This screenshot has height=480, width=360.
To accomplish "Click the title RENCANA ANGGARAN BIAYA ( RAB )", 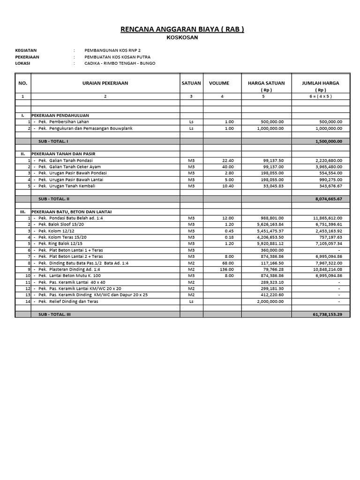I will pos(182,30).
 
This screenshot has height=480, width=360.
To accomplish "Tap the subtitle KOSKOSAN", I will pos(182,38).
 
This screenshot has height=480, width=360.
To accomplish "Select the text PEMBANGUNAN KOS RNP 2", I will pos(112,50).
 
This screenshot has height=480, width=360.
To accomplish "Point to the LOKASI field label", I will pos(23,63).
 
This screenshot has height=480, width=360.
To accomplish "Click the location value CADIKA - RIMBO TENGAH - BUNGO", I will pos(120,63).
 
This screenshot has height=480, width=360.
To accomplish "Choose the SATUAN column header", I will pos(191,83).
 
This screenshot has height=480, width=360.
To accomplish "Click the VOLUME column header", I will pos(219,83).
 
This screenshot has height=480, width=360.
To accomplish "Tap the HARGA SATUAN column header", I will pos(266,83).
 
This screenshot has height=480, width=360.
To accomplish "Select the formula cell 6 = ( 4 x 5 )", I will pos(320,96).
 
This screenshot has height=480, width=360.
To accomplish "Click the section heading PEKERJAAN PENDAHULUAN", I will pos(60,115).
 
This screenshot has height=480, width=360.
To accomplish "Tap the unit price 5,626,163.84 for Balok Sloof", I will pos(270,225).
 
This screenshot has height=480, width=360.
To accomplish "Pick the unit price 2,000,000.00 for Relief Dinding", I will pos(270,301).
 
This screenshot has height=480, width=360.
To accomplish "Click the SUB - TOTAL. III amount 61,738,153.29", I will pos(327,315).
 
